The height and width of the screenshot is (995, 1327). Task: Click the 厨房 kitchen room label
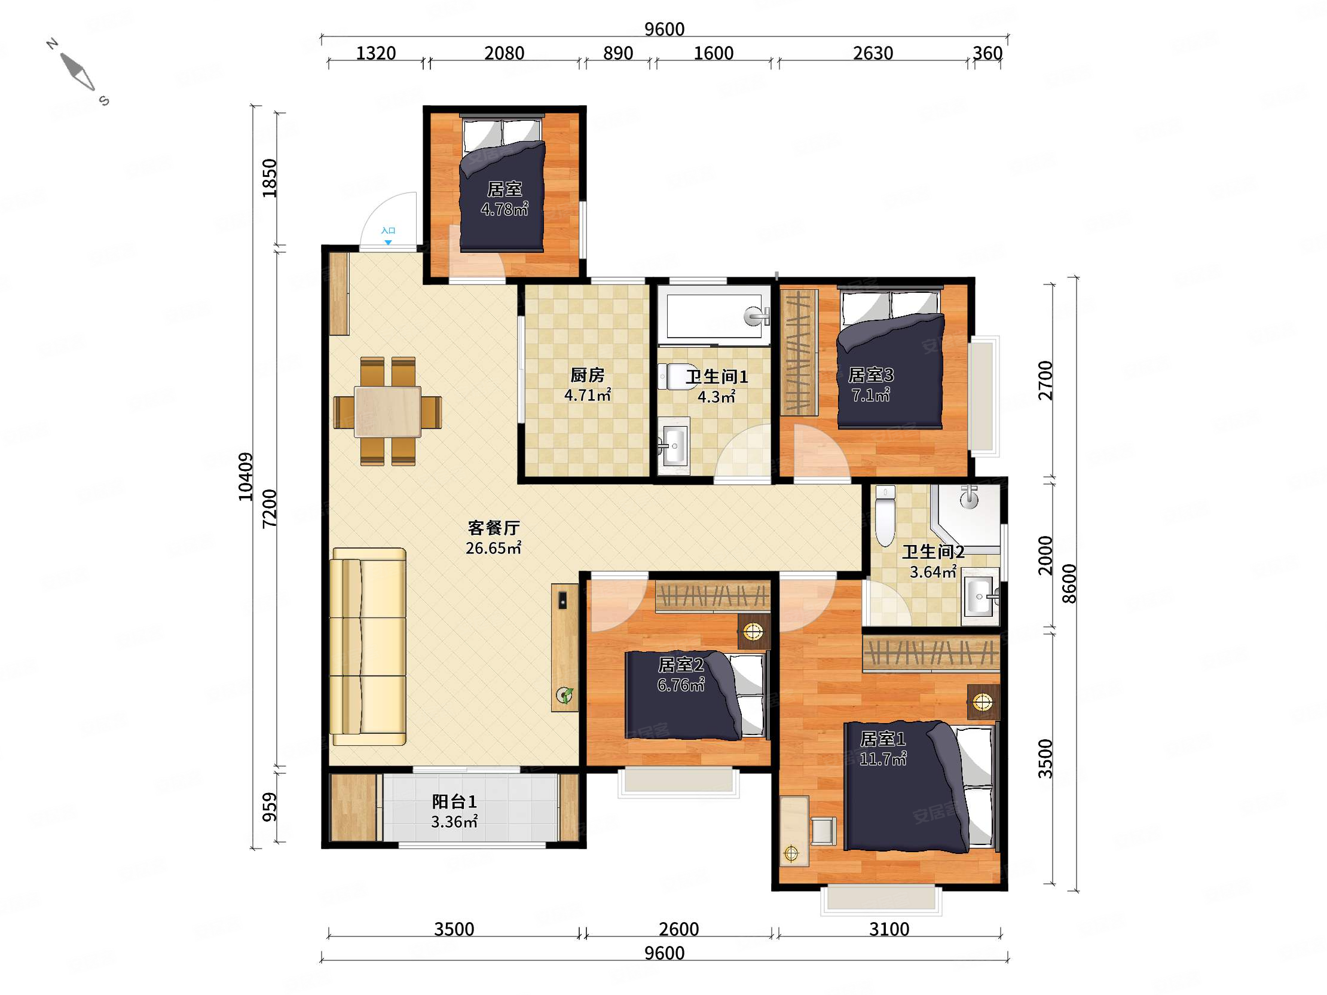(x=587, y=375)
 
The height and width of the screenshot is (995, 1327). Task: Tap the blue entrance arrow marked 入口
(x=388, y=242)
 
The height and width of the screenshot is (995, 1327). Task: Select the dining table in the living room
(x=387, y=411)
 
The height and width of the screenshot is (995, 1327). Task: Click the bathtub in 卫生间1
(x=713, y=316)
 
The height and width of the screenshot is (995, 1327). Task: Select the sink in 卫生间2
(x=980, y=596)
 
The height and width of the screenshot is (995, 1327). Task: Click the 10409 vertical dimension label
(x=246, y=477)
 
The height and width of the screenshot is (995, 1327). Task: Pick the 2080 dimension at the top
(x=504, y=53)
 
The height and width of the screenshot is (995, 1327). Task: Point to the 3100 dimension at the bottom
(x=889, y=929)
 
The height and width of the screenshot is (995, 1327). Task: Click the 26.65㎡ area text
(x=493, y=547)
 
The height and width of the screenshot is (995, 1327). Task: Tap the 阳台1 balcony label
(x=454, y=801)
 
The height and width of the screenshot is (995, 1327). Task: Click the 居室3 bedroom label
(x=870, y=375)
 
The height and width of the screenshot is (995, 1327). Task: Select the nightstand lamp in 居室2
(x=753, y=631)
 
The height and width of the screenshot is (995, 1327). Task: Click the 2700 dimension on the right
(x=1045, y=380)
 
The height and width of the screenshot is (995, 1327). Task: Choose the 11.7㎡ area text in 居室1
(x=882, y=760)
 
